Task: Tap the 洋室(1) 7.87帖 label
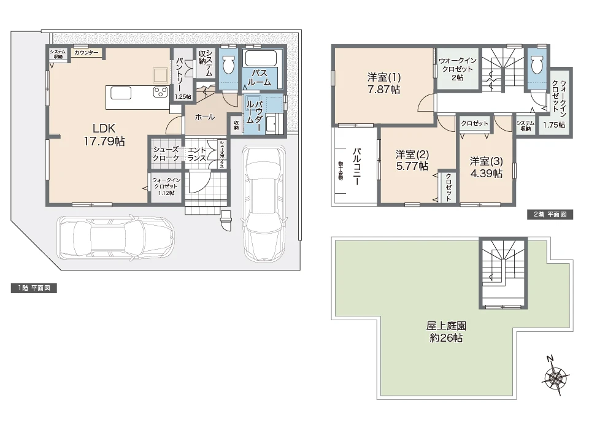pos(384,83)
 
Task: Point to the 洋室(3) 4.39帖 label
pos(487,167)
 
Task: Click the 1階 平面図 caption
pos(34,288)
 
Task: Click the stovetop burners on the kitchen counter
pos(161,93)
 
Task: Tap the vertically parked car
pos(264,202)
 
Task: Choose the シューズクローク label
pos(166,153)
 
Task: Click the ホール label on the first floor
pos(204,117)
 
